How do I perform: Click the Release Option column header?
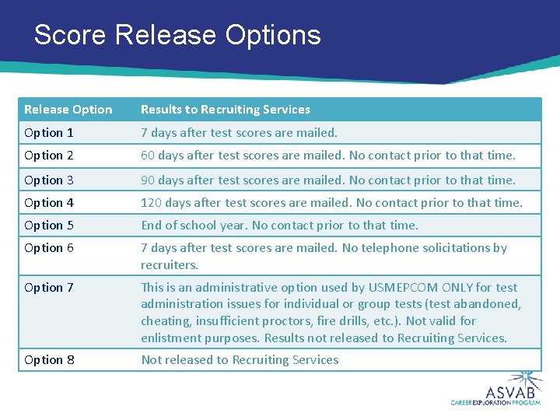(68, 110)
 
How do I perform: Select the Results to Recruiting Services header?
(225, 110)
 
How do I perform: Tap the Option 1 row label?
(49, 133)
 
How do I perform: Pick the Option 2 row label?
(49, 156)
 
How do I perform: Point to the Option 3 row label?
(49, 180)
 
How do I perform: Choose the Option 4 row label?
(49, 202)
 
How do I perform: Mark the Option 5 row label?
(49, 225)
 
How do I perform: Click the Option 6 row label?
(49, 247)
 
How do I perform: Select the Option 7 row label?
(49, 287)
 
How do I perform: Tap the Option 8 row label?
(49, 359)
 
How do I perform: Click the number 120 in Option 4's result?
(151, 202)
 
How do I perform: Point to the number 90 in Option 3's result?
(148, 180)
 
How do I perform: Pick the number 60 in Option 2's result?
(148, 156)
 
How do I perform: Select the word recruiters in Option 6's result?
(169, 264)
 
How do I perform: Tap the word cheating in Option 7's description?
(164, 320)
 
